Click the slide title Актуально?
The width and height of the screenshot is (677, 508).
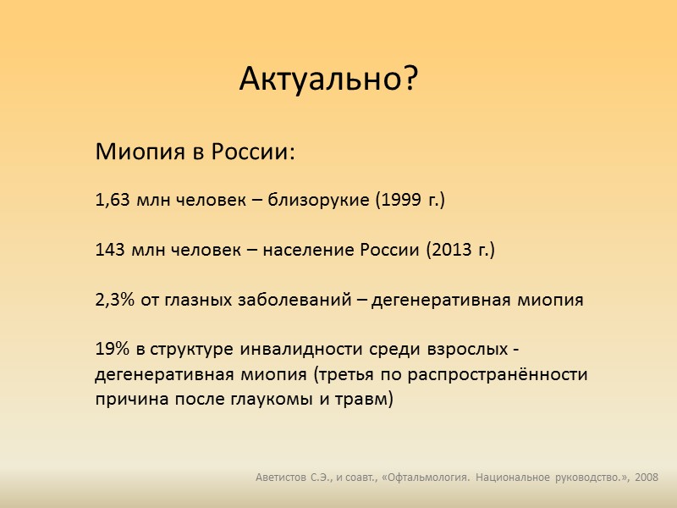tap(329, 79)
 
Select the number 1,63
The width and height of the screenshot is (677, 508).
tap(111, 201)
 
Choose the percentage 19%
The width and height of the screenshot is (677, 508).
tap(110, 350)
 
